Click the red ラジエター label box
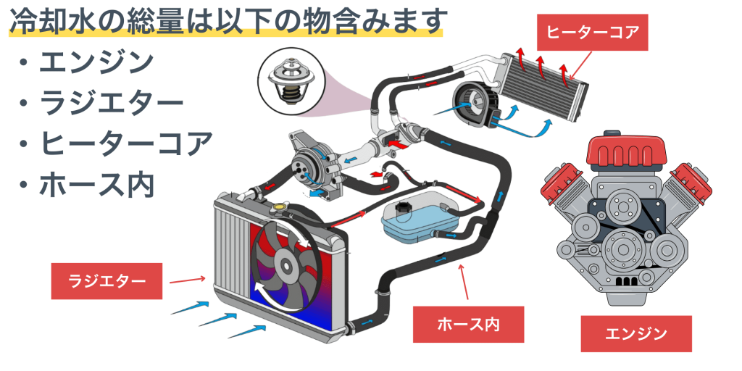click(x=107, y=280)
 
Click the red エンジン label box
click(x=635, y=333)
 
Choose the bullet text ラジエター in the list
click(x=111, y=102)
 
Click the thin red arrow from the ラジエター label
click(x=188, y=278)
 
